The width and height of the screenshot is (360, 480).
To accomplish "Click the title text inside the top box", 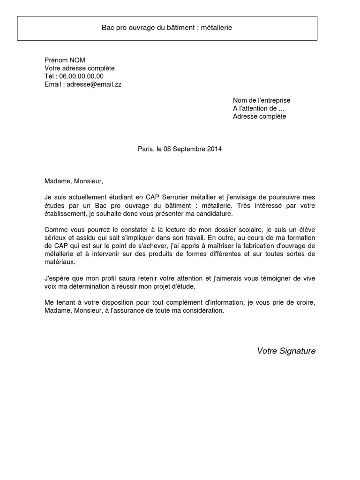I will (x=167, y=28).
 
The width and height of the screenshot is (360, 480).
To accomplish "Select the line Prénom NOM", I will (x=65, y=60).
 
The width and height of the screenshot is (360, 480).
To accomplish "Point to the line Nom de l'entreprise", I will (x=262, y=100).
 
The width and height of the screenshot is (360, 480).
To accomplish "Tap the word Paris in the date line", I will (x=145, y=149).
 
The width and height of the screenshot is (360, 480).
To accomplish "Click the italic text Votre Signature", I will (x=286, y=351).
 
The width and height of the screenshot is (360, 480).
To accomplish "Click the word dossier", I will (x=222, y=230).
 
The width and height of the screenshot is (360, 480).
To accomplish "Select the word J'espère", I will (x=56, y=278).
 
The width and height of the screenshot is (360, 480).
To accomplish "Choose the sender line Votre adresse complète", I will (x=80, y=68).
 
